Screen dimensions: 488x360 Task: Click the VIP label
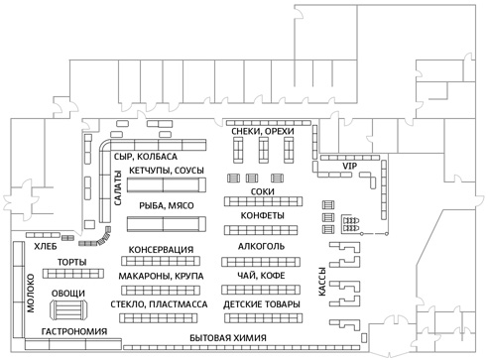coord(349,166)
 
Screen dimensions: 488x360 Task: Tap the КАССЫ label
coord(322,282)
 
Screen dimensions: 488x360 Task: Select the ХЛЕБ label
coord(46,247)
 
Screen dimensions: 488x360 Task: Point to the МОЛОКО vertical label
coord(31,294)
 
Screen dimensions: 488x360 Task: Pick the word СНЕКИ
coord(244,132)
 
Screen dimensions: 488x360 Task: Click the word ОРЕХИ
coord(279,132)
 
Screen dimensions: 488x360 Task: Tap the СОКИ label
coord(263,191)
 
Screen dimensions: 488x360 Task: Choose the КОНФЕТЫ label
coord(262,216)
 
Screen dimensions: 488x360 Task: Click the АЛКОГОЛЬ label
coord(261,247)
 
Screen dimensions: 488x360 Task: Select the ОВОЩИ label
coord(68,294)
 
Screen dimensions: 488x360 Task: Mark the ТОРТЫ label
coord(72,263)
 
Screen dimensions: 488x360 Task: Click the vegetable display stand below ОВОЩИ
coord(68,309)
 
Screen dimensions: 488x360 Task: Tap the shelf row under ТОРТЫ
coord(73,274)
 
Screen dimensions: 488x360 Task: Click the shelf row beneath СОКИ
coord(263,201)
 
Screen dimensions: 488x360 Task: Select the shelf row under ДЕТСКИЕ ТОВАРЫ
coord(264,318)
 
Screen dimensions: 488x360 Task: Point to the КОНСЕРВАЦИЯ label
coord(161,250)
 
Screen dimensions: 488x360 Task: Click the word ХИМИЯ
coord(250,338)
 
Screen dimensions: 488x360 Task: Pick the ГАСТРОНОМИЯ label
coord(74,331)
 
